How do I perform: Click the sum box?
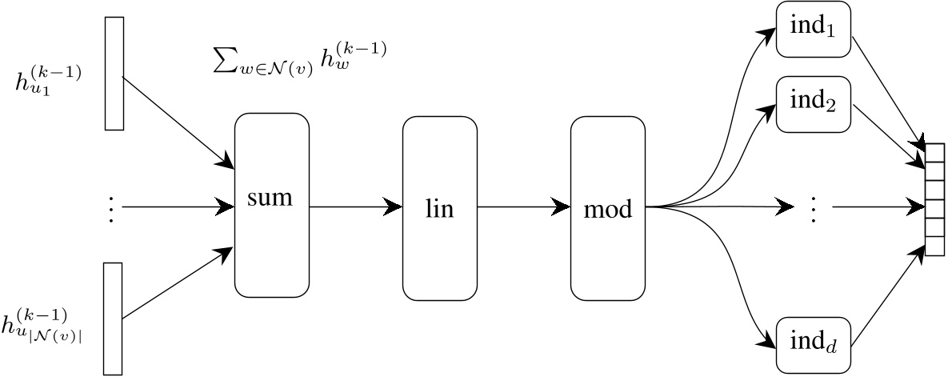pos(271,207)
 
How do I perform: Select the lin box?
pos(439,208)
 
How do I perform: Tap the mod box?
pos(607,208)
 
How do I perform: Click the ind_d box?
pos(813,345)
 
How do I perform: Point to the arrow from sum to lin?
pos(355,207)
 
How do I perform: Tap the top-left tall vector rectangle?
pos(114,73)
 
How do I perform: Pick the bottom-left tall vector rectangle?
pos(113,318)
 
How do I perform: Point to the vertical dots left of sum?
pos(111,208)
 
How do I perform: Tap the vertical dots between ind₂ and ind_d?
pos(813,208)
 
